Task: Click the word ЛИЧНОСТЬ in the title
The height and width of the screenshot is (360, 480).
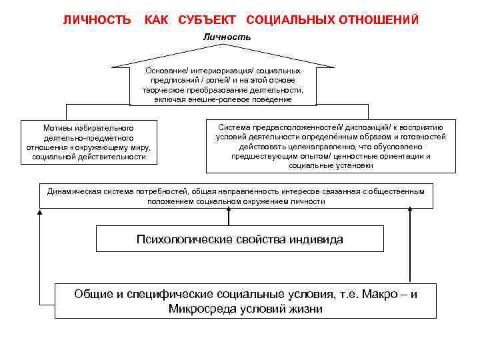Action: [97, 20]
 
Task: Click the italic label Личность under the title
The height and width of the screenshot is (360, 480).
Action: [227, 37]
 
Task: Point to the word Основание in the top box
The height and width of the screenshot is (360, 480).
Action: [163, 70]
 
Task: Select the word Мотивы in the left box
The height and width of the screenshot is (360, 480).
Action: [56, 127]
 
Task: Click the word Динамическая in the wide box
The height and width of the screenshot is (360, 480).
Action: [72, 191]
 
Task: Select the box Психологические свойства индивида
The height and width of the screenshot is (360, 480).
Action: [240, 239]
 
